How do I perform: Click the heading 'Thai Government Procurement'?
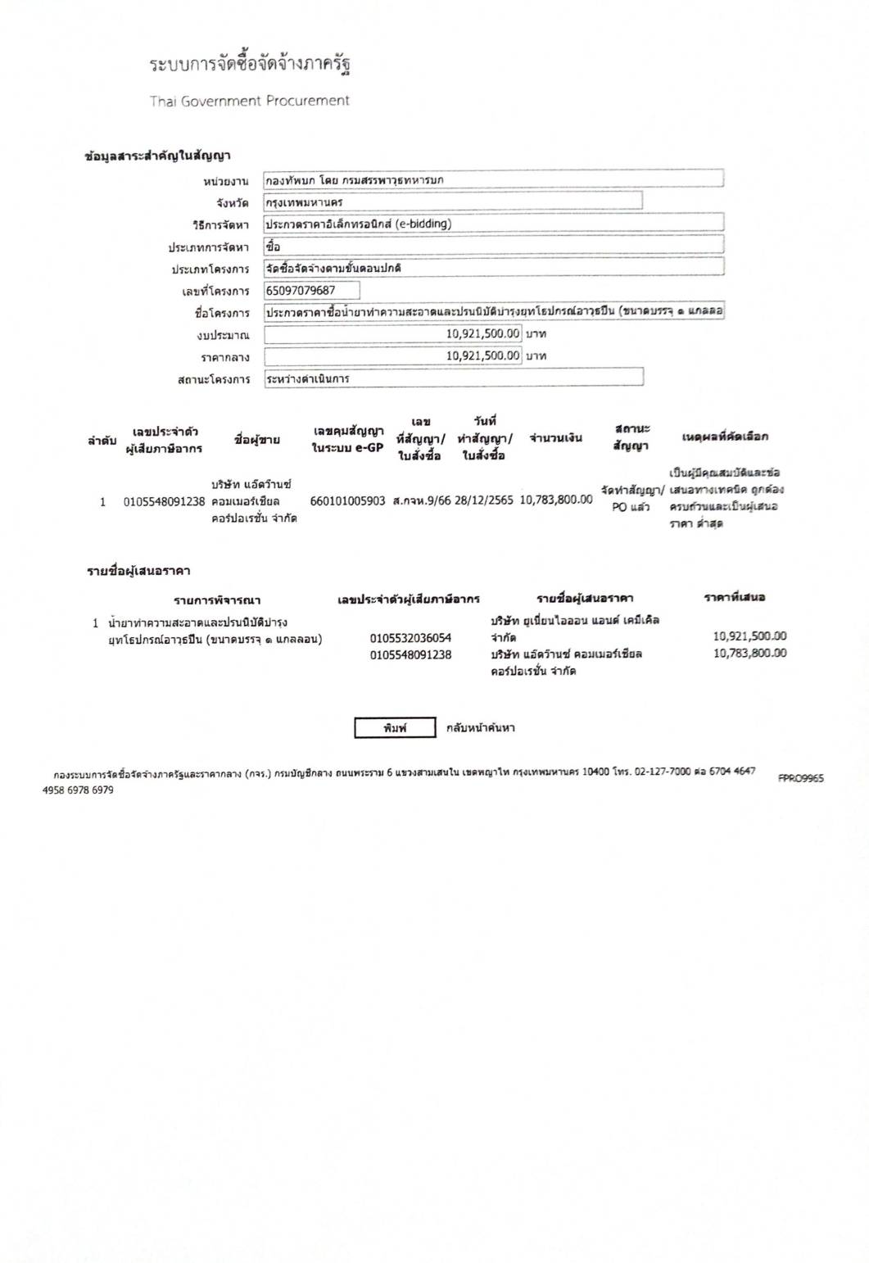[x=249, y=101]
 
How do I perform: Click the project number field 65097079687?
[x=311, y=291]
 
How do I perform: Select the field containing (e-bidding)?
[x=493, y=224]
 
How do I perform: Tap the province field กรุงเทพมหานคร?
[x=452, y=201]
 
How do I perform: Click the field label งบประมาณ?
[x=223, y=335]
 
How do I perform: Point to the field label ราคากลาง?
[x=225, y=358]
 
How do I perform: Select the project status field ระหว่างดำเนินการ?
[x=453, y=378]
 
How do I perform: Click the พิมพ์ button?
[x=395, y=727]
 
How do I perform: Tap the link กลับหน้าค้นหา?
[x=480, y=727]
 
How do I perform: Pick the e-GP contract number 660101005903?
[x=347, y=500]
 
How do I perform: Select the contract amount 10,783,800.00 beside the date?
[x=556, y=500]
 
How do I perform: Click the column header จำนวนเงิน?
[x=556, y=438]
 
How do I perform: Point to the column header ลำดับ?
[x=102, y=441]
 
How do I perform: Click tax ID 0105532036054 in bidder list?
[x=410, y=637]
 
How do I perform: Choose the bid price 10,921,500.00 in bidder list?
[x=749, y=636]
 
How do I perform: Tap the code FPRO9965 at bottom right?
[x=800, y=778]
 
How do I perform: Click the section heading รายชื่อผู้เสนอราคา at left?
[x=138, y=570]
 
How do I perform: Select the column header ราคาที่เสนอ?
[x=734, y=597]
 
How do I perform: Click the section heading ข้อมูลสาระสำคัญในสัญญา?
[x=157, y=156]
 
